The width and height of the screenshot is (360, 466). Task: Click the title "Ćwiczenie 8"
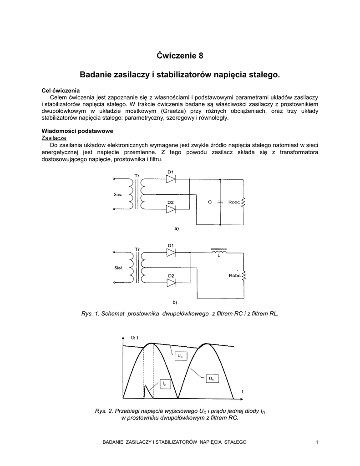pos(180,56)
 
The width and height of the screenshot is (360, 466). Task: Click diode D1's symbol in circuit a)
pos(171,179)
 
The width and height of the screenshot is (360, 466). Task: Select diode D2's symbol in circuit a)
pos(171,209)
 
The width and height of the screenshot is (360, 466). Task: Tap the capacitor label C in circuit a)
pos(210,202)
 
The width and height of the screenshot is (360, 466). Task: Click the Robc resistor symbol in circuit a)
pos(243,202)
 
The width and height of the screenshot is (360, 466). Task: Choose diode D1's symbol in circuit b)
pos(171,253)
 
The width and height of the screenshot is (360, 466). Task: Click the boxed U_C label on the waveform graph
pos(180,355)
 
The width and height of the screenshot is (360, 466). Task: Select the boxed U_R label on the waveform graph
pos(211,378)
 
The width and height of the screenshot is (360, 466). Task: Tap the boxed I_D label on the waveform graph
pos(164,384)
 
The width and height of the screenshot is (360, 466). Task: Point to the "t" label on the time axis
pos(243,391)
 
